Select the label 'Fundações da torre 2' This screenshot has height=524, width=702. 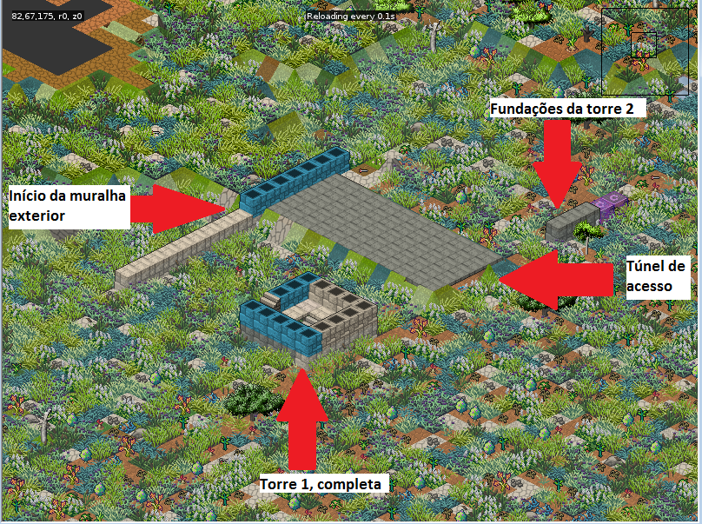(x=568, y=109)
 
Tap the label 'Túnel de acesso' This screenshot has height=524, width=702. (x=657, y=274)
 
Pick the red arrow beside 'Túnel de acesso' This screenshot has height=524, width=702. (x=556, y=278)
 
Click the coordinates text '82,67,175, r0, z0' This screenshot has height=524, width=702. (x=48, y=16)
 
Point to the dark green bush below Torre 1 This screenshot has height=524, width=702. (x=251, y=398)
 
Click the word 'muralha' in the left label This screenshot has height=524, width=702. (x=100, y=196)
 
